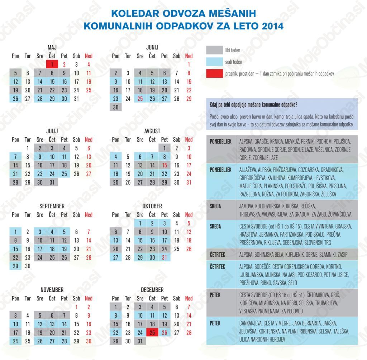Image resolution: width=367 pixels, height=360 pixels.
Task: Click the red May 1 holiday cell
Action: coord(52,65)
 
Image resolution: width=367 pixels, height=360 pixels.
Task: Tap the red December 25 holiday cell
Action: coord(152,332)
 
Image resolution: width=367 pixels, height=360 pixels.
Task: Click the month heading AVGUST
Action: coord(152,131)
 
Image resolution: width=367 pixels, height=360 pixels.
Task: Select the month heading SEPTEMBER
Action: coord(52,206)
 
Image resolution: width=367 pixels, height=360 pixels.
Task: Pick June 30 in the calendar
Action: coord(116,107)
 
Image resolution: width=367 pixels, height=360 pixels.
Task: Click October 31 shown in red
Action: coord(165,257)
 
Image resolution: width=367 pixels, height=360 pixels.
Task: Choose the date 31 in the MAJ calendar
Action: coord(76,99)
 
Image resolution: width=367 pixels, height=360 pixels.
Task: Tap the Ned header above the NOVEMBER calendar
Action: coord(89,298)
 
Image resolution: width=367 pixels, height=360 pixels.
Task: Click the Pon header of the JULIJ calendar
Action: coord(15,139)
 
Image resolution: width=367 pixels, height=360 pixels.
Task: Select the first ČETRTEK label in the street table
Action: coord(218,254)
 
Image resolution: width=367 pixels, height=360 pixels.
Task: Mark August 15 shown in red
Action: coord(165,165)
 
